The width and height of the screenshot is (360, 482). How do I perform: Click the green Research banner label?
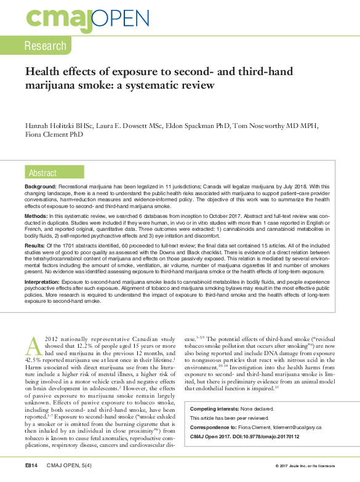pyautogui.click(x=45, y=46)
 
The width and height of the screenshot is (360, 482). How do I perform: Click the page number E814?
pyautogui.click(x=32, y=465)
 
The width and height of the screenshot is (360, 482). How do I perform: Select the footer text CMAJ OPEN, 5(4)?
pyautogui.click(x=67, y=465)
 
